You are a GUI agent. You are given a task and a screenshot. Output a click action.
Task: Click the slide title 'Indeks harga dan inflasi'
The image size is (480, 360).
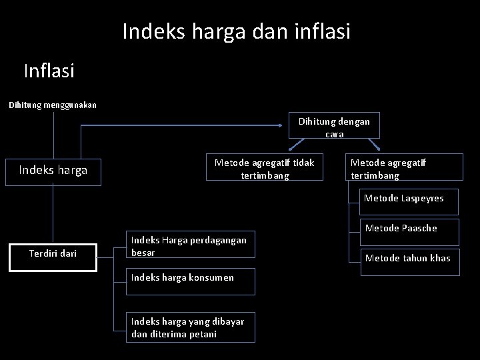236,31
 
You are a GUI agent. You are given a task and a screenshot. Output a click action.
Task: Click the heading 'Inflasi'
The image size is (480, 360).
49,70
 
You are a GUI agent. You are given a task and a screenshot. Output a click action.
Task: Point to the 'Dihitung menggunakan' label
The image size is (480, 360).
53,105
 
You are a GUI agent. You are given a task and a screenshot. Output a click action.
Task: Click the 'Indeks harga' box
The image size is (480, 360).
53,171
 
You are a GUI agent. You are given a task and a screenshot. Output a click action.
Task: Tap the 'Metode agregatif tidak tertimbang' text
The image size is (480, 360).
264,169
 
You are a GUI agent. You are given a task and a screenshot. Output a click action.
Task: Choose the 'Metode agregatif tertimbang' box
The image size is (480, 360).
405,169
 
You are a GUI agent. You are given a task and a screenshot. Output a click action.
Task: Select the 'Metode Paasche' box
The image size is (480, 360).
402,228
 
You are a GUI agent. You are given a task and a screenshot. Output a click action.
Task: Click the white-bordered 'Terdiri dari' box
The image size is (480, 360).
53,254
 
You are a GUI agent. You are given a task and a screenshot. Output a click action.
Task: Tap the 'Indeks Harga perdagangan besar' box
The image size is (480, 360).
189,247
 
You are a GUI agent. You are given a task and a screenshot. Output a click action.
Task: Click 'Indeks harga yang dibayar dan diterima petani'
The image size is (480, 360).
189,327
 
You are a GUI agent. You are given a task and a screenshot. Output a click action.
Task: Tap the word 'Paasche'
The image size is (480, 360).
420,228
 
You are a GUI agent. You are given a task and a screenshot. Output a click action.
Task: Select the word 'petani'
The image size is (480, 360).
203,333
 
